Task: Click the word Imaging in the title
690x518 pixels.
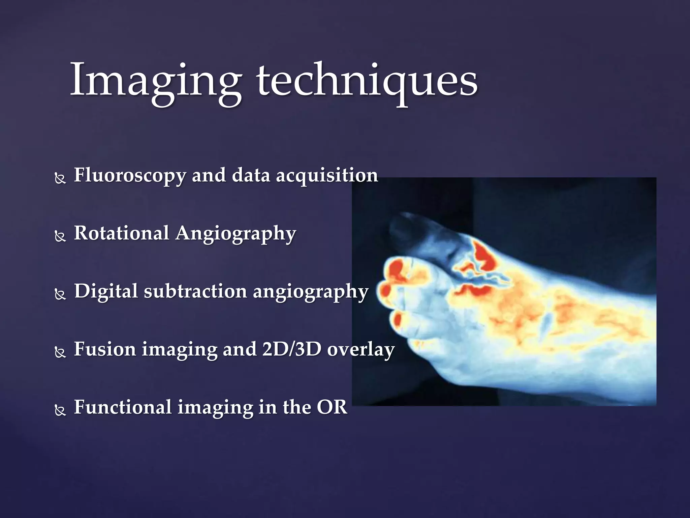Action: coord(155,81)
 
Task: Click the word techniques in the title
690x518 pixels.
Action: coord(367,81)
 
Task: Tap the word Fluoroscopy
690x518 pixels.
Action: coord(130,175)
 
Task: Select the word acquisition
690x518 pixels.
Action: coord(327,175)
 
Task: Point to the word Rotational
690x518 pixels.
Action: coord(121,233)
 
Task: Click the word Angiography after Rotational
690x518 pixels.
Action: coord(236,234)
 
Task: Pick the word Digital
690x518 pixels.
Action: coord(106,291)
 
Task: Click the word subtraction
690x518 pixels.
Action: coord(195,291)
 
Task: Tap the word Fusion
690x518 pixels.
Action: coord(105,349)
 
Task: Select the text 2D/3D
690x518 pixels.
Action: coord(292,349)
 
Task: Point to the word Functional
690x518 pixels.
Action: coord(123,407)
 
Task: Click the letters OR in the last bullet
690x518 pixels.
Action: coord(332,407)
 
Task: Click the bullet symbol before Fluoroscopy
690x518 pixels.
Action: coord(60,178)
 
